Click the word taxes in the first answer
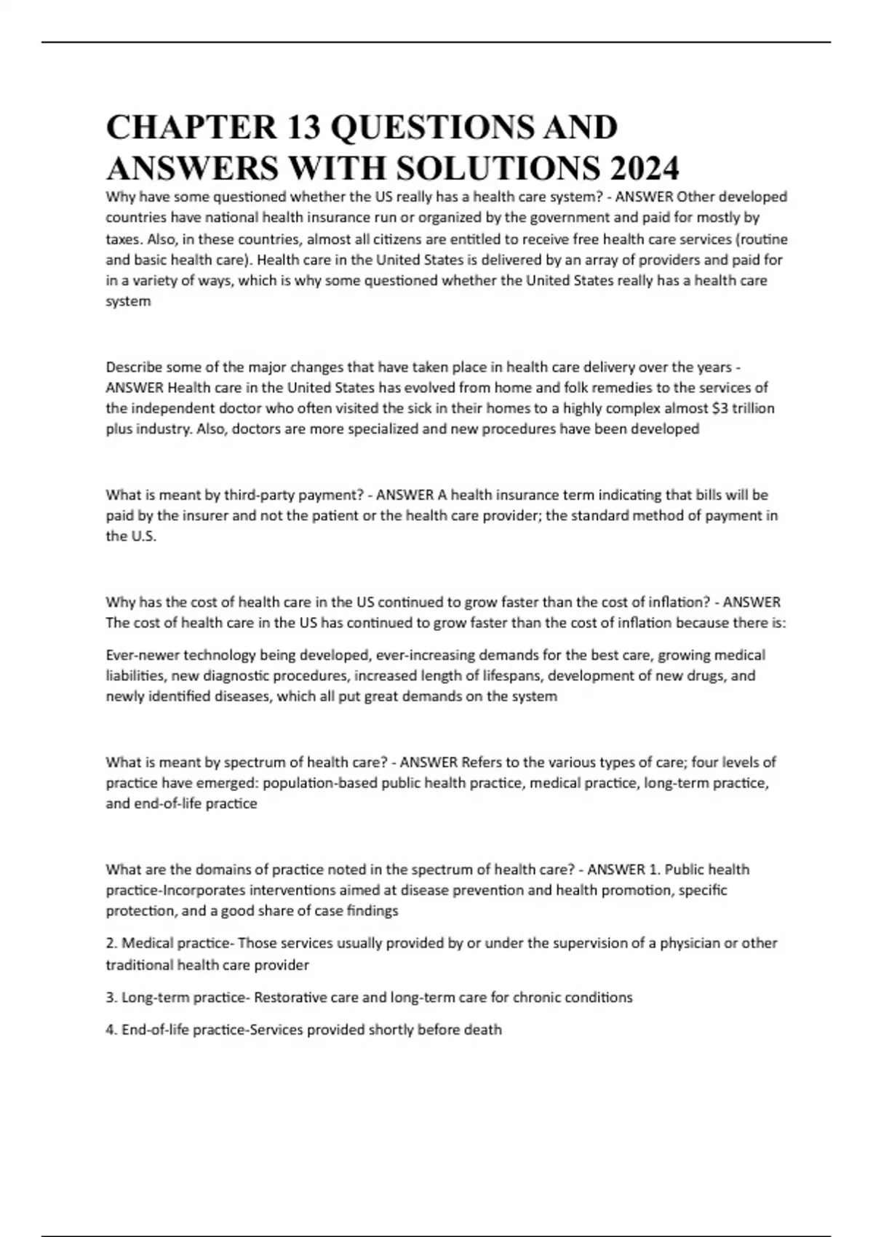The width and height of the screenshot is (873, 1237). (122, 239)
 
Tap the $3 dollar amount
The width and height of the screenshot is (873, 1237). (720, 407)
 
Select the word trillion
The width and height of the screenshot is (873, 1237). (754, 407)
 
